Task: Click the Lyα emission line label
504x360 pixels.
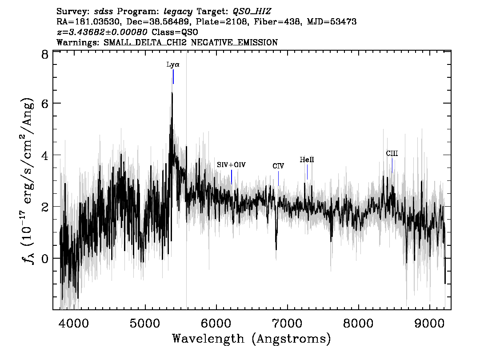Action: tap(173, 64)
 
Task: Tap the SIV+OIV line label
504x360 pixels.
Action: tap(231, 165)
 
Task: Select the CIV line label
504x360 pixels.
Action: tap(278, 166)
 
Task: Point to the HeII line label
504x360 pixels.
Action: tap(307, 160)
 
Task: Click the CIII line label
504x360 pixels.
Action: tap(392, 154)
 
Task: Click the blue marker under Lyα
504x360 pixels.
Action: tap(173, 77)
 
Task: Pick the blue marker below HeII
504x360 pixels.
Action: tap(307, 172)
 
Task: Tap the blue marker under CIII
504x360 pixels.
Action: tap(392, 165)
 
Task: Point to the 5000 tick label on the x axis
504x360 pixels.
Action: tap(145, 323)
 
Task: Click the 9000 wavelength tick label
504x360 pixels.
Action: tap(429, 323)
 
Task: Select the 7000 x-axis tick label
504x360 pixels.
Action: tap(287, 323)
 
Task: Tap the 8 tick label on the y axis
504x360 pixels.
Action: tap(45, 55)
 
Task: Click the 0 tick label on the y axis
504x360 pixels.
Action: tap(45, 258)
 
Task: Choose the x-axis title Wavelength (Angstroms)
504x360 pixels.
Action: tap(252, 339)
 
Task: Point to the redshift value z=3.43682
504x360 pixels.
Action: tap(102, 32)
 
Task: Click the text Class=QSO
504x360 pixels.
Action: tap(175, 32)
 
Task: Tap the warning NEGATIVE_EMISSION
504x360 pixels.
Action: tap(234, 42)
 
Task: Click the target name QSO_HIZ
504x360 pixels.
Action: tap(252, 12)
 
